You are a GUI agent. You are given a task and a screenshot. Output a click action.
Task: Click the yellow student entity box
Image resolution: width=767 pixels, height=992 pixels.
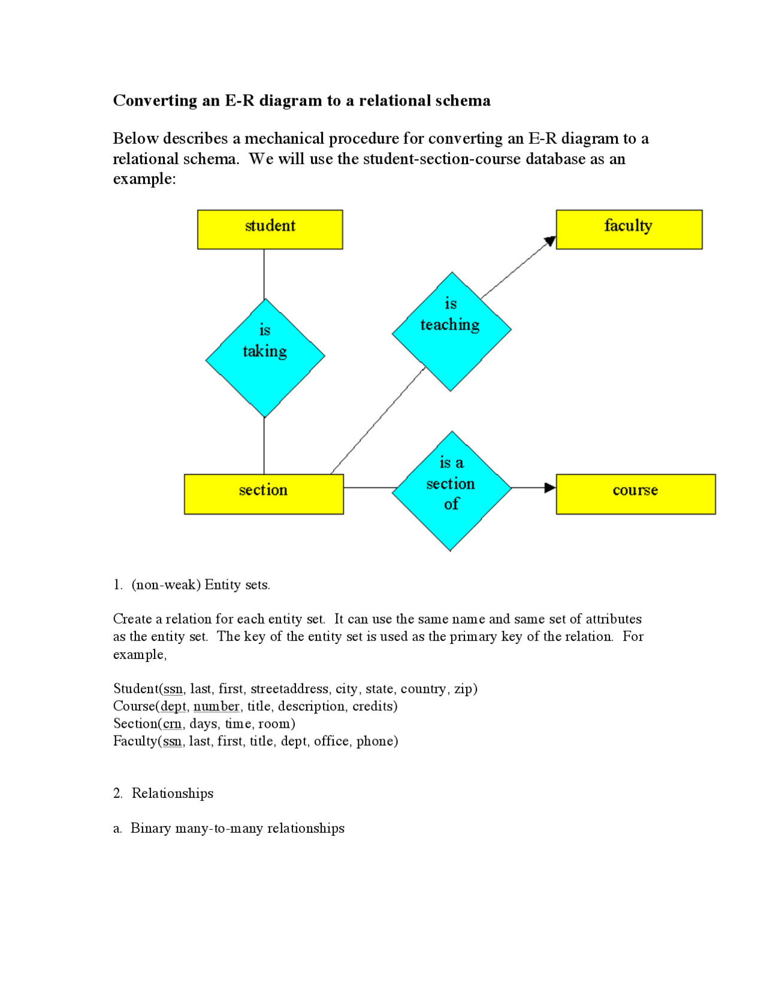click(270, 229)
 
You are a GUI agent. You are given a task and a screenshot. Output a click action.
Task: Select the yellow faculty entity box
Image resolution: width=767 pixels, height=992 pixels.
click(629, 229)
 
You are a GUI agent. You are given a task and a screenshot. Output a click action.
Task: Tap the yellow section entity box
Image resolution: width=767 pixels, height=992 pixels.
click(264, 494)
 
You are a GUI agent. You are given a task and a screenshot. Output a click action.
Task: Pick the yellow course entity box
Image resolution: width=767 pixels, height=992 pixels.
click(635, 494)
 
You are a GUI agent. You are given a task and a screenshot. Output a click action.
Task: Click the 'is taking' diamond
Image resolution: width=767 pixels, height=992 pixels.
click(265, 358)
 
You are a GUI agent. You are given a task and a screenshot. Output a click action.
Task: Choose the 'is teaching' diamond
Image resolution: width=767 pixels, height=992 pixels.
click(451, 331)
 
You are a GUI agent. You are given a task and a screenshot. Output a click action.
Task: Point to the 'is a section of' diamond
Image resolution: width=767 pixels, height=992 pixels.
click(451, 491)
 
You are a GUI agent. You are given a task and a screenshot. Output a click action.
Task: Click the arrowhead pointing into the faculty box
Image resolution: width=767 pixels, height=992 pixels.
click(550, 241)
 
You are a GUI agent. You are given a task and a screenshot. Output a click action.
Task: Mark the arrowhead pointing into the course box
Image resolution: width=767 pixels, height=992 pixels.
click(550, 488)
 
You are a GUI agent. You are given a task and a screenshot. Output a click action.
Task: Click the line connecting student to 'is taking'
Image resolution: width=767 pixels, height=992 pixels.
click(264, 274)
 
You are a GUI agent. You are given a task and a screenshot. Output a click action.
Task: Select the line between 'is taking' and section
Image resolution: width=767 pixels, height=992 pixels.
click(264, 446)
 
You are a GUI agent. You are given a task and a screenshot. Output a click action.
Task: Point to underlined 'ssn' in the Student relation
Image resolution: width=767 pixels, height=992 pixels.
click(173, 689)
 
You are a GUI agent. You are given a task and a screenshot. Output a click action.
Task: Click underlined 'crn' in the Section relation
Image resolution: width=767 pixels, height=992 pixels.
click(173, 724)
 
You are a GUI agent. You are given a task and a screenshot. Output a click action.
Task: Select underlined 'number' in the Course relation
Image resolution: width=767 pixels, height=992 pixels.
click(216, 706)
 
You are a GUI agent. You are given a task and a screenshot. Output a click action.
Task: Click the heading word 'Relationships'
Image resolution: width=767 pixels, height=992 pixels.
click(173, 793)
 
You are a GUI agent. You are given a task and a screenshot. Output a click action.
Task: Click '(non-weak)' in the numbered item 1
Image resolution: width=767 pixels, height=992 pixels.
click(166, 585)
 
